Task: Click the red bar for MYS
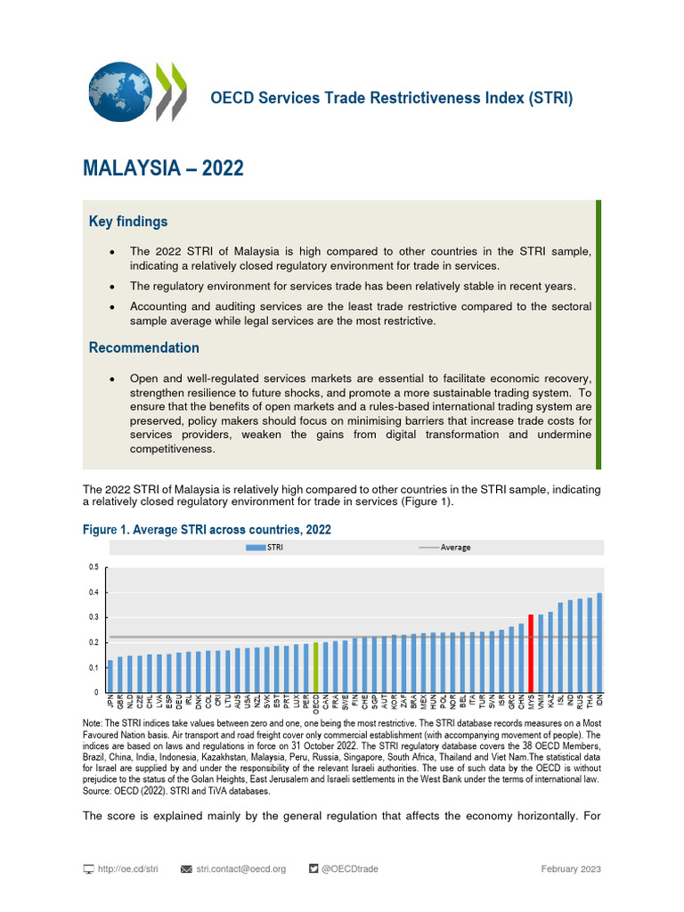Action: point(531,653)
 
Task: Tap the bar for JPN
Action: point(110,676)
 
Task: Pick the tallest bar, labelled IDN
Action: point(599,642)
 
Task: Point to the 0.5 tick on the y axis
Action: point(94,567)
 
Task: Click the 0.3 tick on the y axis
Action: point(94,617)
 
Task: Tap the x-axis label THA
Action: point(590,705)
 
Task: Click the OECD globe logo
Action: point(120,92)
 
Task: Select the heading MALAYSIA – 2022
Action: point(163,168)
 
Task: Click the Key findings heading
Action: point(128,221)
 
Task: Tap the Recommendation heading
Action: point(144,347)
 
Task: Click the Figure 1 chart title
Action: point(207,530)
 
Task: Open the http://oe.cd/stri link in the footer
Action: point(127,868)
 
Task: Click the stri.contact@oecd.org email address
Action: point(240,868)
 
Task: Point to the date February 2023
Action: point(571,868)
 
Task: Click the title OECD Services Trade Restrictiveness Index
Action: point(391,98)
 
